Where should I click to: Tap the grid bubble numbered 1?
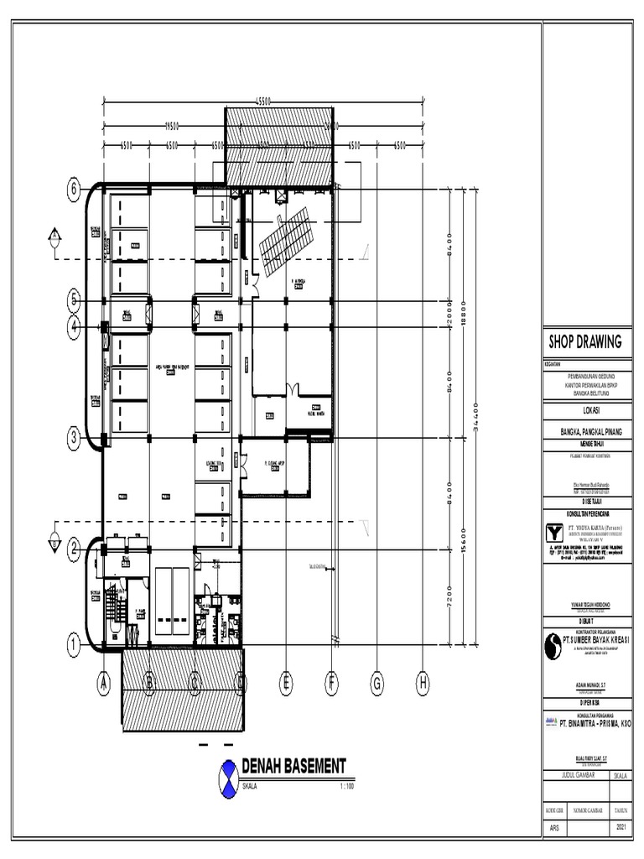73,645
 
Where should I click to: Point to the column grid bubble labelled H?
423,685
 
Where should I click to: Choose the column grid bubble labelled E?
286,685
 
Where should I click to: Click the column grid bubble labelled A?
104,685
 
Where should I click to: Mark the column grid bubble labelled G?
377,685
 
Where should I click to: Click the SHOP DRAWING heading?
585,341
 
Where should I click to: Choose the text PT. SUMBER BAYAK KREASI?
595,640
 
